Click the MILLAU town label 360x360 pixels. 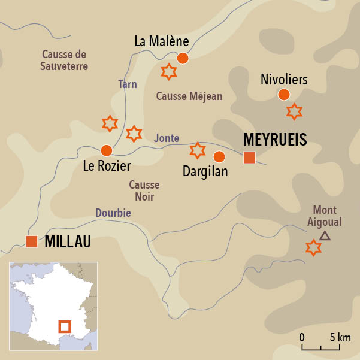(68, 241)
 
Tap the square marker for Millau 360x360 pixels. (32, 241)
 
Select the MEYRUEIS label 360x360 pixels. (275, 140)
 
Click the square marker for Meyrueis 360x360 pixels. (249, 158)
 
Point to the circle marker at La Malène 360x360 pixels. (183, 58)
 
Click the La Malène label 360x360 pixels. (161, 42)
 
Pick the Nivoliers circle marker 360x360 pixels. (284, 94)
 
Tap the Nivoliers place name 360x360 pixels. (284, 79)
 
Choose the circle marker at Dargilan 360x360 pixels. (219, 157)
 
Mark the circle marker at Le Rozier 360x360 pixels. (107, 150)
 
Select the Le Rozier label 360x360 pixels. (106, 165)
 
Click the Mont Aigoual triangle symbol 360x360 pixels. (325, 235)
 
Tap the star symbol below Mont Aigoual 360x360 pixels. (313, 247)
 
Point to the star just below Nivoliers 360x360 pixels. (294, 111)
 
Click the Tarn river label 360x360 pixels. (127, 84)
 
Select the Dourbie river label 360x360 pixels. (113, 213)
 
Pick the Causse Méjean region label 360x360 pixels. (189, 96)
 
